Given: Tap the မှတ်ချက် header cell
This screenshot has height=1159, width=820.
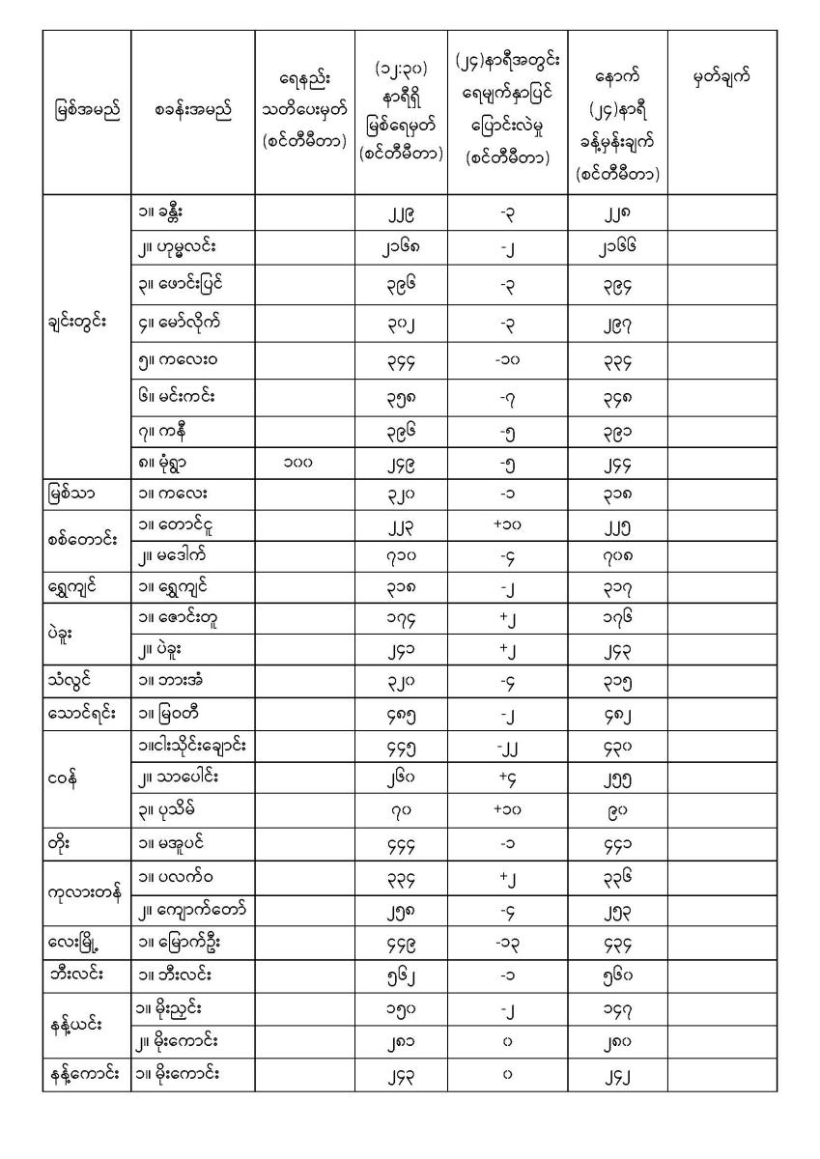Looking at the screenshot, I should [x=722, y=77].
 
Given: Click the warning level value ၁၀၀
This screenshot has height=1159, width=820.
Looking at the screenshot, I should [x=297, y=464].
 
